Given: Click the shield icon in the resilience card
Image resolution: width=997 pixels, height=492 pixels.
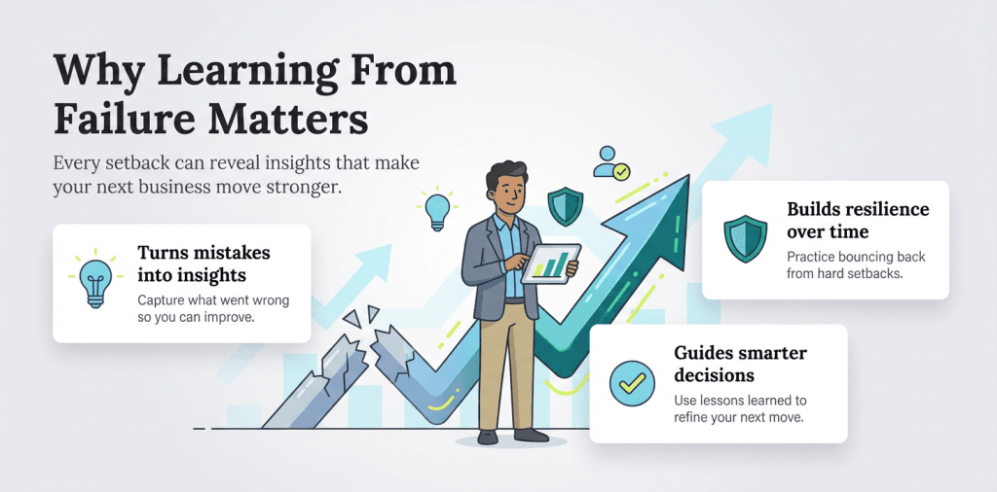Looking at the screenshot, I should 745,237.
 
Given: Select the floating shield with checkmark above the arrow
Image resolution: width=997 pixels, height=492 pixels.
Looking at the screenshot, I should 565,205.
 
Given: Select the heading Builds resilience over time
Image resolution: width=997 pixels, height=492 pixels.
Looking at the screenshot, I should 857,221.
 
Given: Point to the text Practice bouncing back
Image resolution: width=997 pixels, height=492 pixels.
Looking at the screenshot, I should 856,257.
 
